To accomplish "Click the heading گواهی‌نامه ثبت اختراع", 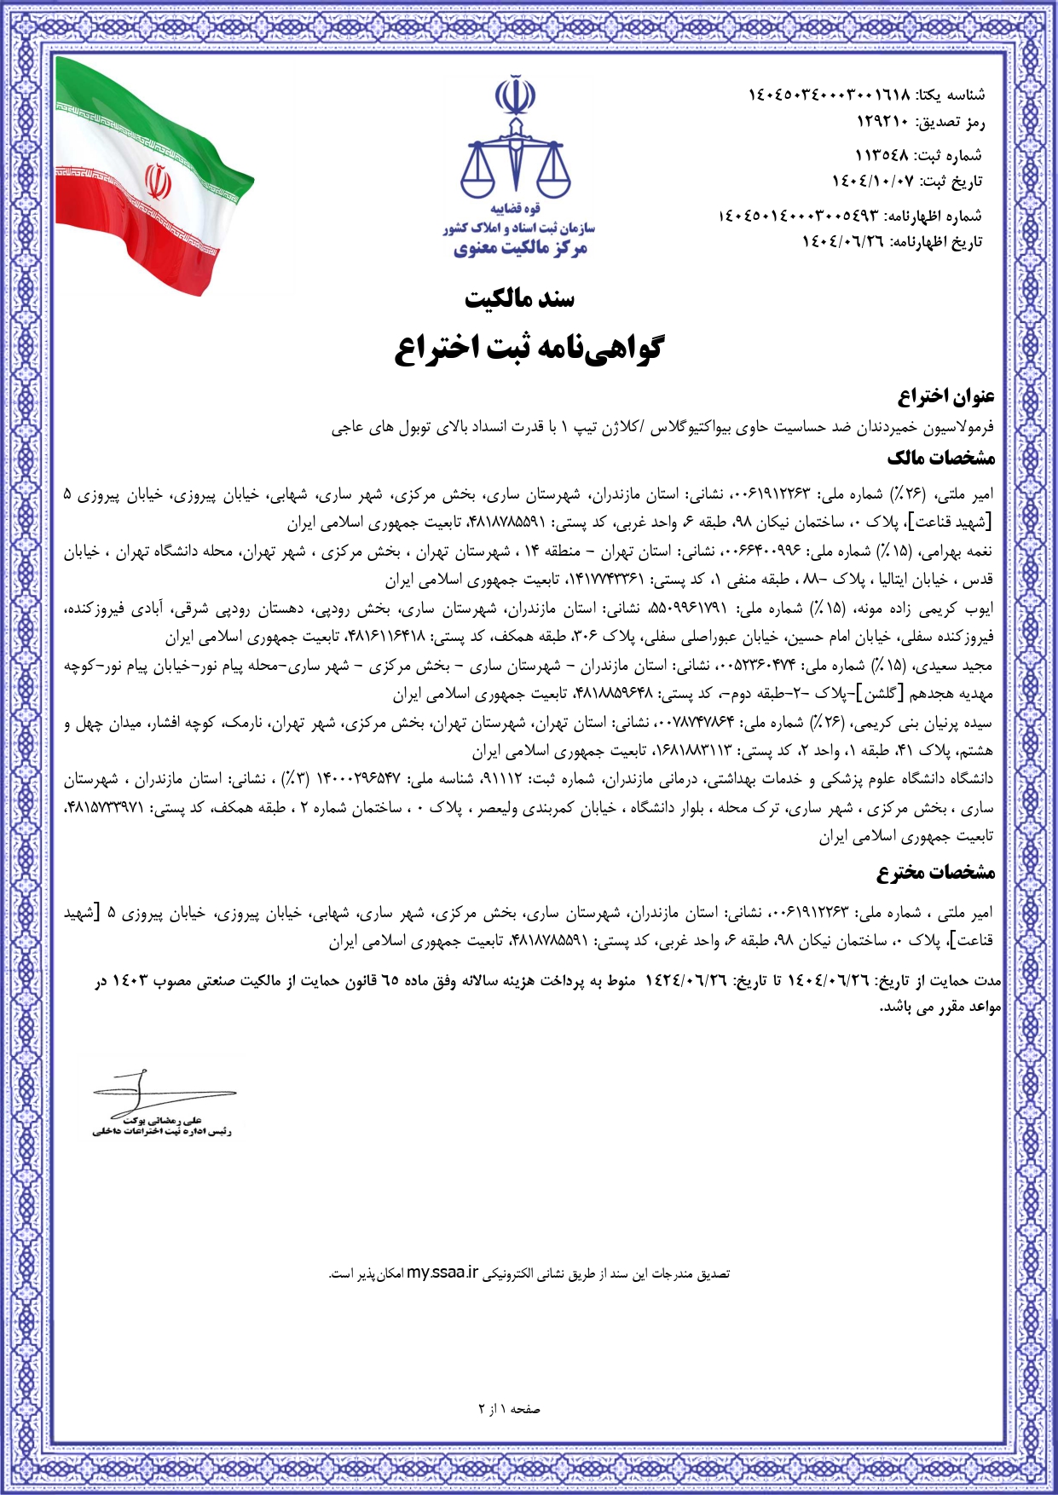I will tap(529, 348).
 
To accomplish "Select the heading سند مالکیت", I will tap(519, 298).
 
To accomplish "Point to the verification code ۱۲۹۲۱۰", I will tap(882, 123).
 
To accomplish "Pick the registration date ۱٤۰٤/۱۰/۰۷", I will tap(872, 182).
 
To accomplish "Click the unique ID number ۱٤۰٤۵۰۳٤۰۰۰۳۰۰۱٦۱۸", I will tap(829, 95).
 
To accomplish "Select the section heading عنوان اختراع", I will tap(946, 396).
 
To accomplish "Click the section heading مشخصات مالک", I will tap(941, 458).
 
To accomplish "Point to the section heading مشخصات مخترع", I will tap(936, 872).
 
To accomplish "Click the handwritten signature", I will tap(153, 1090).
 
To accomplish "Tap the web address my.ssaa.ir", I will tap(442, 1273).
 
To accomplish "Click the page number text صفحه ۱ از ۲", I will tap(510, 1409).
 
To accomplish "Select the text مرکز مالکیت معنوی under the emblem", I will tap(520, 248).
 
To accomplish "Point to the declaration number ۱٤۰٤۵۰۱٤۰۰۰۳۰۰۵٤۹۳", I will tap(798, 216).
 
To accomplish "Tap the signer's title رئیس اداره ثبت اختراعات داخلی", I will tap(162, 1131).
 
